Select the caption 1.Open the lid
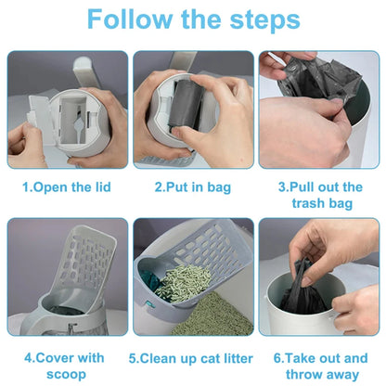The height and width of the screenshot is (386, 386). tap(66, 187)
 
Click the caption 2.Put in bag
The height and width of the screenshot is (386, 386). tap(193, 187)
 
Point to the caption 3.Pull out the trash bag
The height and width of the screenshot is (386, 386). tap(320, 194)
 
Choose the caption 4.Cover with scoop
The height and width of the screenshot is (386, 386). tap(65, 364)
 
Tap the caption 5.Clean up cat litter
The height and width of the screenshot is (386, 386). tap(193, 356)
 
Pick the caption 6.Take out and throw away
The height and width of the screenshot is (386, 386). tap(320, 364)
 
